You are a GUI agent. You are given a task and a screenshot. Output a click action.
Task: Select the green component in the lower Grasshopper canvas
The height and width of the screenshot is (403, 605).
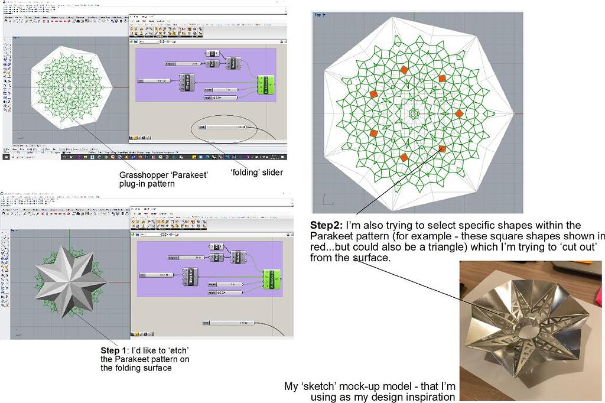click(x=271, y=279)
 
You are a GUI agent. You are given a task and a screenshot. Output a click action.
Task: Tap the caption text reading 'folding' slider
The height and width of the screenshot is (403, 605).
click(x=256, y=173)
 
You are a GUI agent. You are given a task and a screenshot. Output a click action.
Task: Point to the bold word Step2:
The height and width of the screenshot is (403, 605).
click(x=327, y=226)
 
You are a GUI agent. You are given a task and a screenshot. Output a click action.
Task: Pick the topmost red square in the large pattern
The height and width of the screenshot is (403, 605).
click(x=404, y=70)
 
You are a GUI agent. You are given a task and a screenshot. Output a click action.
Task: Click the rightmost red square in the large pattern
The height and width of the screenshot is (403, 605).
click(x=459, y=113)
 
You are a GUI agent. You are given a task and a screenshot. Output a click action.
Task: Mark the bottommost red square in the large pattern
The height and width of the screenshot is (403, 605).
click(x=404, y=158)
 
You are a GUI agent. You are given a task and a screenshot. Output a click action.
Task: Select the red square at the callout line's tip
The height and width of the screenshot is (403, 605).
click(x=442, y=149)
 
